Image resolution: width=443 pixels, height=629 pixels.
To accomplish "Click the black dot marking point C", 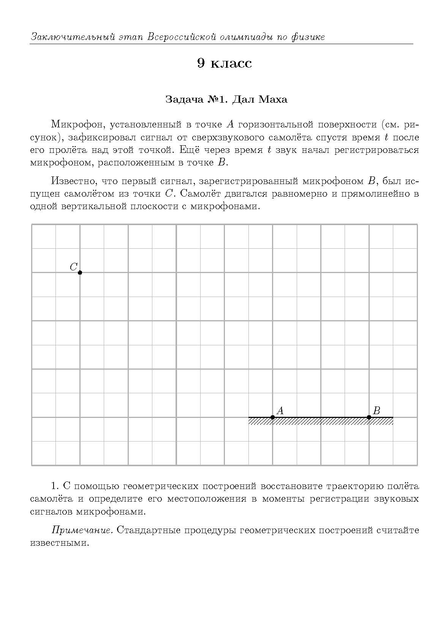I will pyautogui.click(x=80, y=272).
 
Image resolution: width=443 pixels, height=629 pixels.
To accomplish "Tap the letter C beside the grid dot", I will pyautogui.click(x=74, y=267).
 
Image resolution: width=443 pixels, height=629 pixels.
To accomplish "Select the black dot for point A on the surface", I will pyautogui.click(x=272, y=417).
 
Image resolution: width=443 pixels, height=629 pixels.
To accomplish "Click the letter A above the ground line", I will pyautogui.click(x=280, y=410).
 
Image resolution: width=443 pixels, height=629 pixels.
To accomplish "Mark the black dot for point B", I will pyautogui.click(x=369, y=417).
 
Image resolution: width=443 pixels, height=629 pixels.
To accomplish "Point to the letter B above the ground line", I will pyautogui.click(x=377, y=410).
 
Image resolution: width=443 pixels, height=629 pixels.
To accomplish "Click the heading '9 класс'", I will pyautogui.click(x=224, y=63).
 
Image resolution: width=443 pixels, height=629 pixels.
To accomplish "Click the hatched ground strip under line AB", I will pyautogui.click(x=321, y=421).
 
